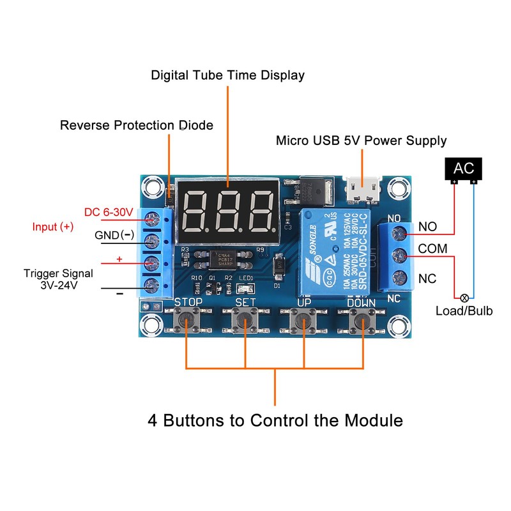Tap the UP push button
point(305,318)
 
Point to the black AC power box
point(464,169)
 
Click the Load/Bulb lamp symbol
point(465,298)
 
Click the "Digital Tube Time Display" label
point(227,75)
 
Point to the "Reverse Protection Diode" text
point(136,125)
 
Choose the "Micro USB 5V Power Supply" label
point(361,141)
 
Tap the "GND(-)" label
point(114,235)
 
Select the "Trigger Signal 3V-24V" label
point(58,279)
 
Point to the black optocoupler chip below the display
point(224,258)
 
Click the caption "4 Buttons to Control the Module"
point(275,421)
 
